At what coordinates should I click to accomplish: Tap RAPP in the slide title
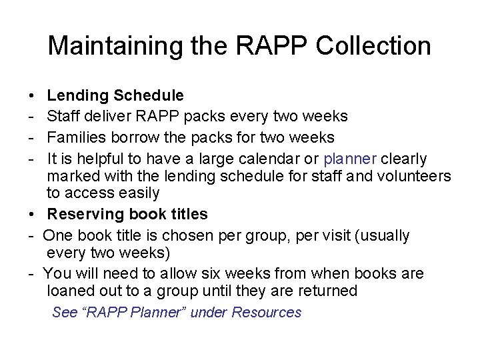tap(273, 46)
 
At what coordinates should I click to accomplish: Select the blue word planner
tap(351, 159)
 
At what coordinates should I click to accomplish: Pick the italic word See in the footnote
tap(65, 312)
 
